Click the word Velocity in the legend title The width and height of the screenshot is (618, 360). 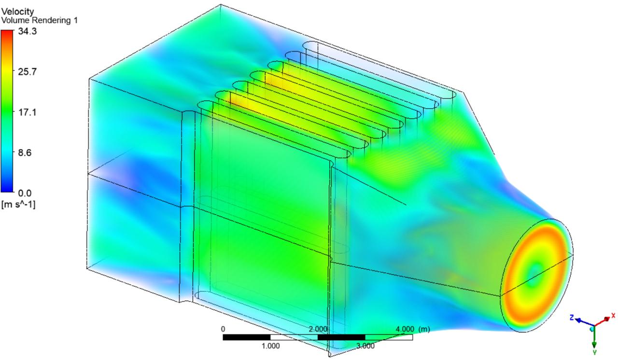click(x=18, y=12)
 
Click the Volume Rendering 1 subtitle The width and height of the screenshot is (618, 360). click(x=40, y=20)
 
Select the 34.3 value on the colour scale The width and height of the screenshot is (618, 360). click(x=28, y=31)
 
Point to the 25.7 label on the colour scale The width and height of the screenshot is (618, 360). click(x=28, y=72)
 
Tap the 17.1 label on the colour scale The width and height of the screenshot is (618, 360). click(x=28, y=112)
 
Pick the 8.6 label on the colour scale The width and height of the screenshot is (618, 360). click(x=25, y=152)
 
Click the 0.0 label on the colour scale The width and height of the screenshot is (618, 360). click(x=25, y=193)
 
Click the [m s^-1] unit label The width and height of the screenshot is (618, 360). click(x=18, y=205)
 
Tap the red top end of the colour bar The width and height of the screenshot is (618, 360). click(x=7, y=31)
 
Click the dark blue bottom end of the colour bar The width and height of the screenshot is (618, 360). click(x=7, y=190)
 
